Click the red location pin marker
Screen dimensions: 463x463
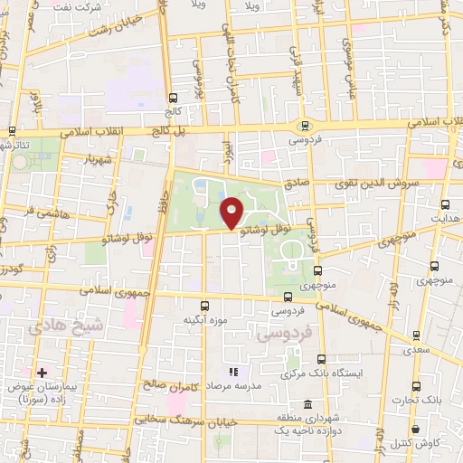coord(232,213)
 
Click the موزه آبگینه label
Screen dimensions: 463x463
coord(204,320)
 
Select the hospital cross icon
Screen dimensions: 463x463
coord(42,372)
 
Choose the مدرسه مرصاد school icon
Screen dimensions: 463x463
coord(232,372)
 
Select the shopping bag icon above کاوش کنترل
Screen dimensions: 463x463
coord(415,429)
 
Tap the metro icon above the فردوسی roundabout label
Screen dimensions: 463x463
coord(305,127)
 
